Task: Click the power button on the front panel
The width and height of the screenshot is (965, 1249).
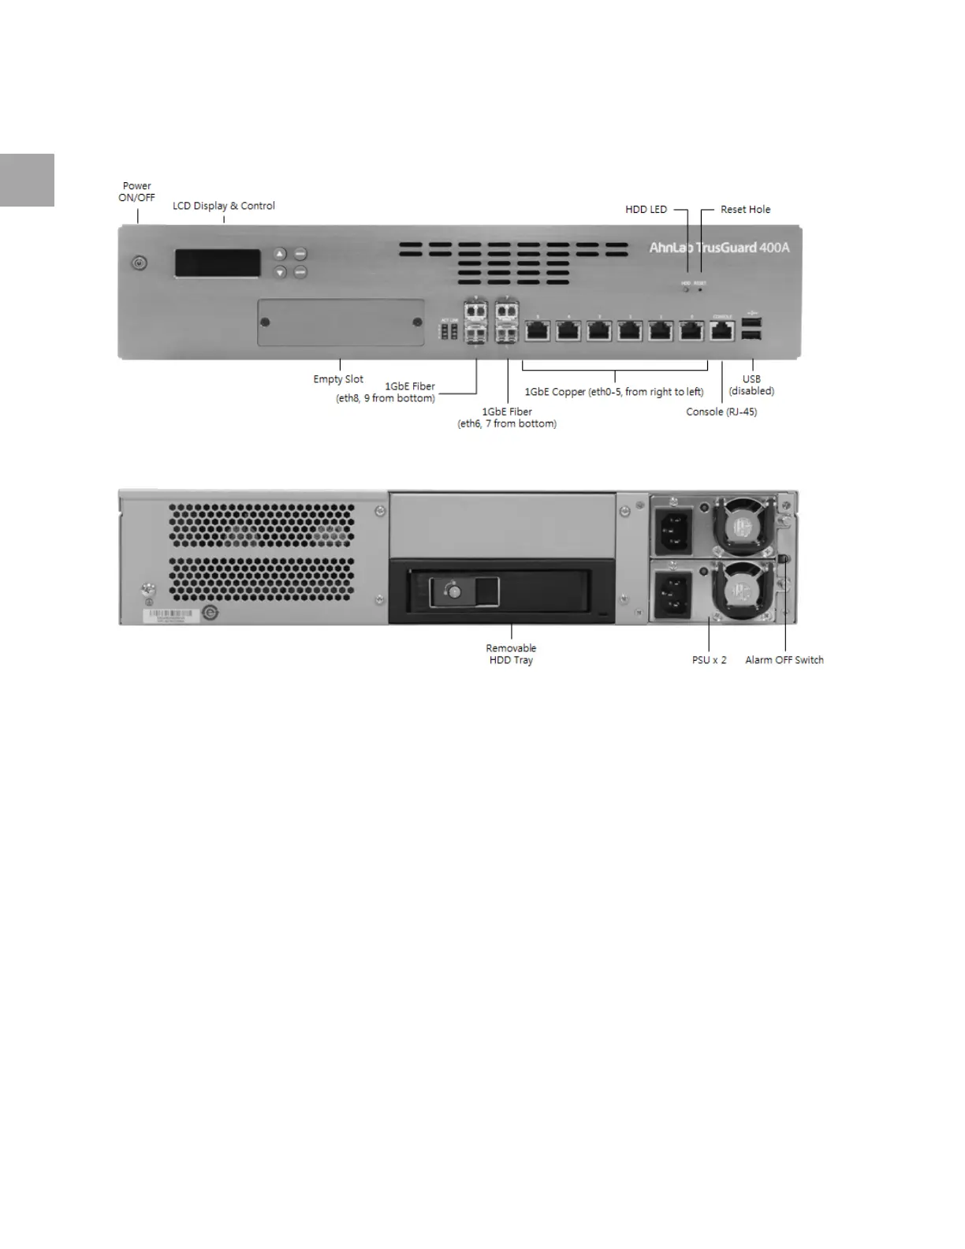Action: pyautogui.click(x=140, y=263)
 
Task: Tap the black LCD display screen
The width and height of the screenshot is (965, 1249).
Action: pyautogui.click(x=218, y=263)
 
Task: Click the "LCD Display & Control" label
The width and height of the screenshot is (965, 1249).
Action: pyautogui.click(x=224, y=206)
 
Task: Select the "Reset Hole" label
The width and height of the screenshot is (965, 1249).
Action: pyautogui.click(x=745, y=210)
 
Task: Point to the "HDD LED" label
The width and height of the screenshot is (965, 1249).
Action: pyautogui.click(x=646, y=210)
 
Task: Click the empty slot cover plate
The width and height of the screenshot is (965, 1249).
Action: pyautogui.click(x=341, y=323)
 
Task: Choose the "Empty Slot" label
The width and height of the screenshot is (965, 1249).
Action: pyautogui.click(x=338, y=379)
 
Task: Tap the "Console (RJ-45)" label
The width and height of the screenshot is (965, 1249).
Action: pyautogui.click(x=721, y=412)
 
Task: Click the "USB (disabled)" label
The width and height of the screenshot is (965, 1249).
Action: pyautogui.click(x=751, y=385)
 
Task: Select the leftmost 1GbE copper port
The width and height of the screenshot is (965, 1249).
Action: pyautogui.click(x=537, y=330)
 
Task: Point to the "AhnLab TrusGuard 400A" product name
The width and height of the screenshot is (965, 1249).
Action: pyautogui.click(x=719, y=248)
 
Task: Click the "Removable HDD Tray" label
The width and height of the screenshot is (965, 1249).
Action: pyautogui.click(x=511, y=654)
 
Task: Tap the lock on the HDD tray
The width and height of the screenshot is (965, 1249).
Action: pyautogui.click(x=453, y=591)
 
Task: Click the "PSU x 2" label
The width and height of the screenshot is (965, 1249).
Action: pyautogui.click(x=709, y=660)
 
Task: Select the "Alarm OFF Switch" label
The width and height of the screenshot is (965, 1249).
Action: pyautogui.click(x=784, y=660)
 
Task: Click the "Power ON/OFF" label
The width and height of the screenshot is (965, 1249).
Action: pyautogui.click(x=136, y=192)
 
